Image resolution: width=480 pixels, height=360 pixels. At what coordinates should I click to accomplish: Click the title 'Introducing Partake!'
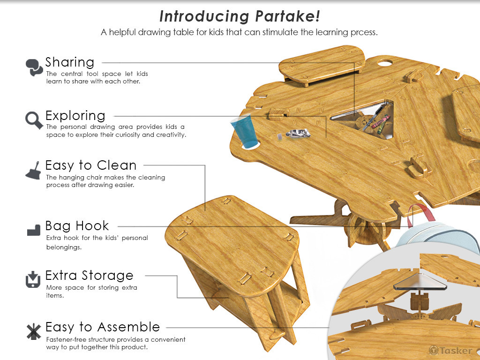coord(240,16)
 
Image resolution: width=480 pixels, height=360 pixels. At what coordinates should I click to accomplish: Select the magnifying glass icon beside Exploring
coord(34,120)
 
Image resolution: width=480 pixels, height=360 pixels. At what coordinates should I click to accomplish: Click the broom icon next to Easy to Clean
coord(33,170)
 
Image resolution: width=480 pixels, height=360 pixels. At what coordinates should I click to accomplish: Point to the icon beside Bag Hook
coord(34,230)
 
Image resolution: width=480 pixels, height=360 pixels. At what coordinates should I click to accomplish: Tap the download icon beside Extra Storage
coord(33,279)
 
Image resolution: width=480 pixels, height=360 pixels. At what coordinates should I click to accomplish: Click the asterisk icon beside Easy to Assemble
coord(33,331)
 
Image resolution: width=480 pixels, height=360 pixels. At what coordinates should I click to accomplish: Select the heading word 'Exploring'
coord(75,116)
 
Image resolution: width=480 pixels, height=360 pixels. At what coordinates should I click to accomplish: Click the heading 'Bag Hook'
coord(77,226)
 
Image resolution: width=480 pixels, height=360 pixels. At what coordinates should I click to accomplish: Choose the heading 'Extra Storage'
coord(90,276)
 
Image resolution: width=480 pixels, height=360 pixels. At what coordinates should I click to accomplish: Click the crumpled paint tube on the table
coord(298,133)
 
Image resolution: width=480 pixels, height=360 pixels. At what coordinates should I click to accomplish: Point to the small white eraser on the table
coord(279,136)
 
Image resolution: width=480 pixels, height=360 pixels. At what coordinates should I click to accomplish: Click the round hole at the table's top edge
coord(385,63)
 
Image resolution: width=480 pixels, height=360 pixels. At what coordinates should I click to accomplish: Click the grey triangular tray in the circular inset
coord(420,283)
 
